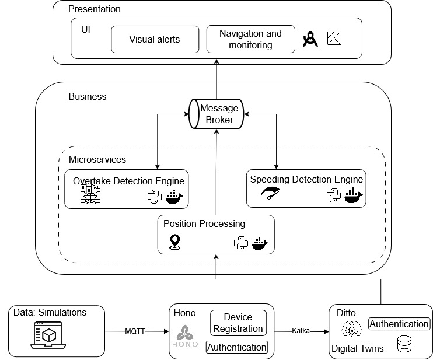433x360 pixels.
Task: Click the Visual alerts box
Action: coord(155,40)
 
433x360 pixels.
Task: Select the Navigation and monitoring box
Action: coord(250,39)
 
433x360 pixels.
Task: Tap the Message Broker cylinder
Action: coord(216,114)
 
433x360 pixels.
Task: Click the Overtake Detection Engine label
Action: coord(128,181)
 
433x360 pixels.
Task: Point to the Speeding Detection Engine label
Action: coord(306,179)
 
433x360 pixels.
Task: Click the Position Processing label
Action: coord(204,223)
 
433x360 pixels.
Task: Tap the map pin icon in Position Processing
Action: coord(174,242)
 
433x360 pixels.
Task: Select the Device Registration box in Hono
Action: coord(238,323)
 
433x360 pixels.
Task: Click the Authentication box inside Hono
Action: coord(237,347)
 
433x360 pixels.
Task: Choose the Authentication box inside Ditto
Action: coord(400,324)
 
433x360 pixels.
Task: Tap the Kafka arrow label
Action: coord(301,331)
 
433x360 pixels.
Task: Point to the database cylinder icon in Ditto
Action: coord(404,344)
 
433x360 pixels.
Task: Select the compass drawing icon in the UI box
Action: coord(310,39)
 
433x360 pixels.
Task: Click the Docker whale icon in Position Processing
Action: coord(260,243)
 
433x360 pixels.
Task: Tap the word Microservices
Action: coord(97,159)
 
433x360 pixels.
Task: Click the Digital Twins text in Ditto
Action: coord(357,348)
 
